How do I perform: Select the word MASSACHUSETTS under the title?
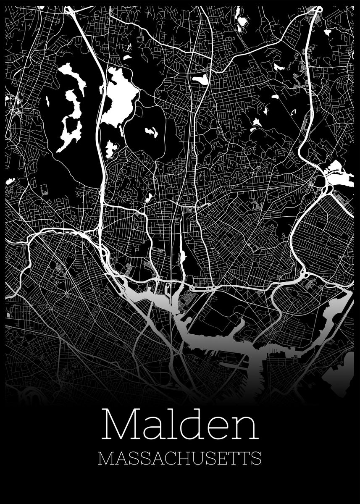(180, 458)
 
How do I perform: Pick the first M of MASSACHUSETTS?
(106, 458)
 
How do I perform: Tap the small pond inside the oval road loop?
(151, 133)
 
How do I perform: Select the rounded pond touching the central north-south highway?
(200, 79)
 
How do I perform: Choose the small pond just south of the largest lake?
(111, 148)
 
